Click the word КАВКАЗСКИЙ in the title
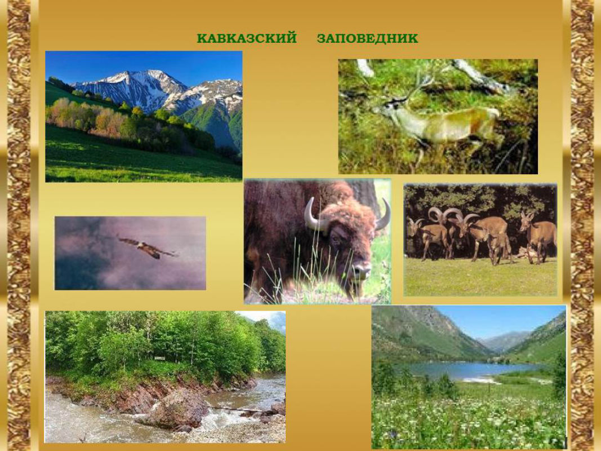click(x=247, y=38)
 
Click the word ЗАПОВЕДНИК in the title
click(x=367, y=38)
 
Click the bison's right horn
click(x=385, y=215)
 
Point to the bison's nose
click(x=360, y=271)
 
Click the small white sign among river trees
click(x=160, y=358)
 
